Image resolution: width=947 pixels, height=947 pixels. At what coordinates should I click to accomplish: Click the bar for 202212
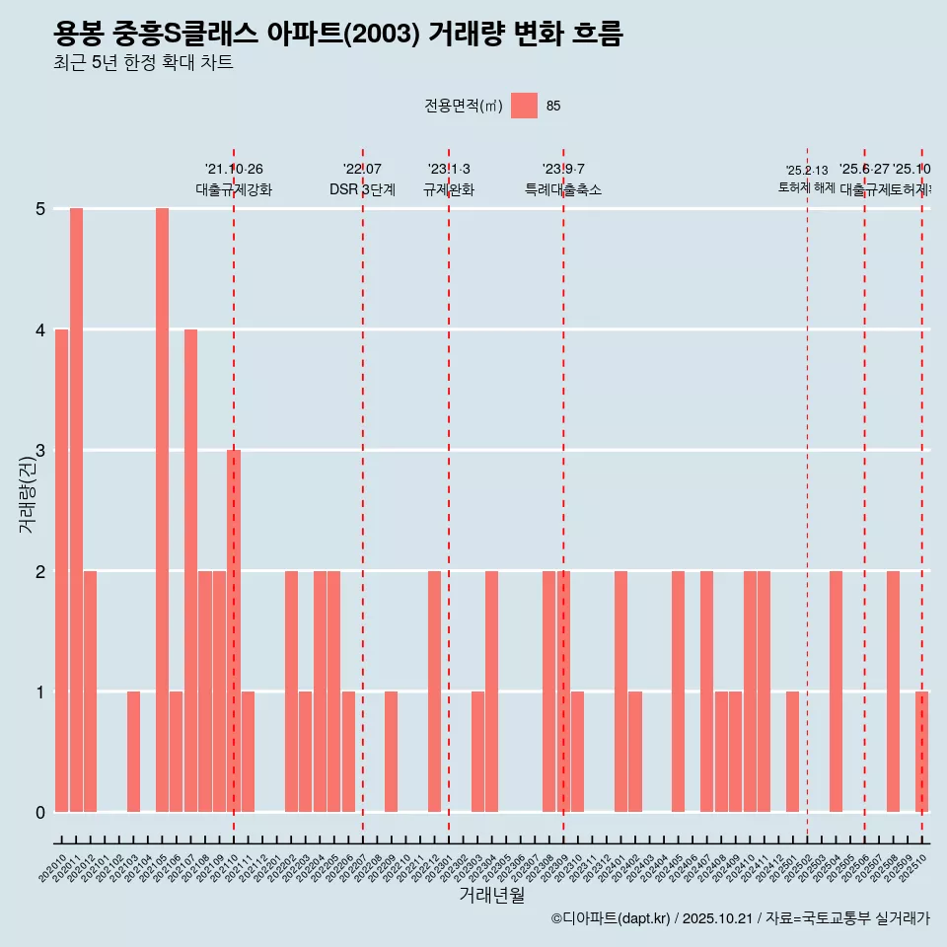point(434,691)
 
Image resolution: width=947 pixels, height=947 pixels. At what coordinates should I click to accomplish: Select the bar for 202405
point(678,691)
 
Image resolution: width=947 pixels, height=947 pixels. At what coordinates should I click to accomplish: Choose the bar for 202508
point(893,691)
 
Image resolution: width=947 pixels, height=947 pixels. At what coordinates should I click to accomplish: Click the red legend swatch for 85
point(524,106)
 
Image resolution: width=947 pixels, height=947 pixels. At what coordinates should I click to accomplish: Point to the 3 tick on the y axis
point(40,451)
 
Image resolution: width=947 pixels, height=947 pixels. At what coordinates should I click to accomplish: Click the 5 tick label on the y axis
point(40,209)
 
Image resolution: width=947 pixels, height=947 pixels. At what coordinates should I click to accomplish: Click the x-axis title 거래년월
point(491,895)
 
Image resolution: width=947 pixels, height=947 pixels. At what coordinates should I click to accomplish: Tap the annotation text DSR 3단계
point(362,189)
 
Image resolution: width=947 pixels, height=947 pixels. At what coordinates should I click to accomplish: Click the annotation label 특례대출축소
point(562,189)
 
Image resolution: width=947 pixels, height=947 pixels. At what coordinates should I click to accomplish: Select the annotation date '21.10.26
point(234,170)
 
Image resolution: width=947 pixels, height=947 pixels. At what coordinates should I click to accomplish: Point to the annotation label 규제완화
point(449,189)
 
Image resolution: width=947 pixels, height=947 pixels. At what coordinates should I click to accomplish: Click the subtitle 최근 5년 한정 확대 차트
point(143,63)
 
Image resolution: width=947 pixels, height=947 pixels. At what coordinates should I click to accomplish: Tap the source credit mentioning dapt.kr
point(740,918)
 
